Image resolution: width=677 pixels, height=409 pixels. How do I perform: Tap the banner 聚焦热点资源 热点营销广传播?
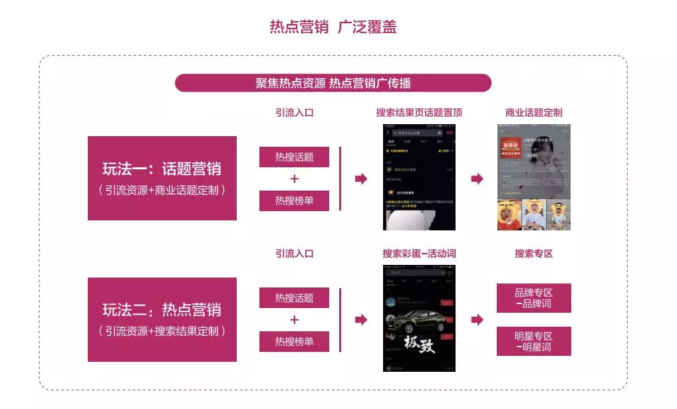(333, 83)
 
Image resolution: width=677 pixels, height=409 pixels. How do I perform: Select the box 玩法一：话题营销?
(162, 178)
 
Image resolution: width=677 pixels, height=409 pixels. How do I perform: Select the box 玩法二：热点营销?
(162, 319)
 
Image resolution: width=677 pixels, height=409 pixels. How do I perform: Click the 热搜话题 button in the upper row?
(294, 157)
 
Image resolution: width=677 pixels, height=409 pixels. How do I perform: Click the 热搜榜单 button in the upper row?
(294, 201)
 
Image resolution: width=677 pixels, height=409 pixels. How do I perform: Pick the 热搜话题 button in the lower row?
(294, 298)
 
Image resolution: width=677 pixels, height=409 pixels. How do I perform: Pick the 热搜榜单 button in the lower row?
(294, 341)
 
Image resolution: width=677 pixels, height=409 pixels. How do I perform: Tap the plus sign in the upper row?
(295, 179)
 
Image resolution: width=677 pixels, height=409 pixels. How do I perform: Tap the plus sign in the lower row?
(295, 320)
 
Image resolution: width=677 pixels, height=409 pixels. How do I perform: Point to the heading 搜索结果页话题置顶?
(419, 112)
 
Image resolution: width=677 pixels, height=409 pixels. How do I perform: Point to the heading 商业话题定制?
(533, 112)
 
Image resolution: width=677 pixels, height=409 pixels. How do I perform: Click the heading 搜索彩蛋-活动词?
(419, 254)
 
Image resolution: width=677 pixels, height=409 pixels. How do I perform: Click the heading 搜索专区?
(533, 254)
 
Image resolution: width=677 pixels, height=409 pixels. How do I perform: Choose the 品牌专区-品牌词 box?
(533, 298)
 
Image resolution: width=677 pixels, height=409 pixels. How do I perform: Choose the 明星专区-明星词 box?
(533, 341)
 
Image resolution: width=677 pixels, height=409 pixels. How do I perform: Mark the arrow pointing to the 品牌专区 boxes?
(477, 320)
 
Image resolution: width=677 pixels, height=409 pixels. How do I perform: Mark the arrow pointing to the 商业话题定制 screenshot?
(477, 179)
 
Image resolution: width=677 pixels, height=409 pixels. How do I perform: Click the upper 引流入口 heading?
(294, 112)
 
